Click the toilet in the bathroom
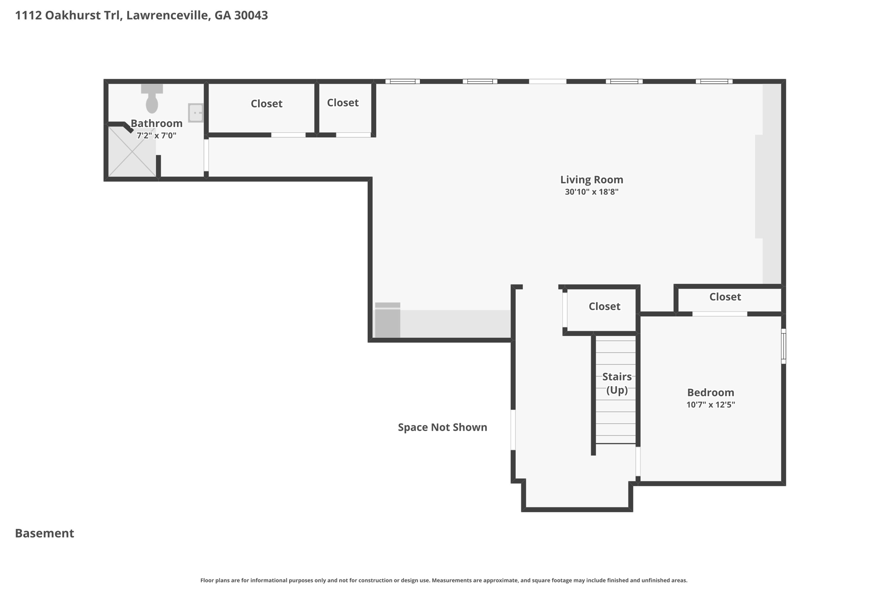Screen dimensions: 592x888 [152, 99]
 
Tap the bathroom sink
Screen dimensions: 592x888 [196, 113]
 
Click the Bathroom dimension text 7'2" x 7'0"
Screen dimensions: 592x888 [156, 136]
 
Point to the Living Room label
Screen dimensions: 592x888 [591, 180]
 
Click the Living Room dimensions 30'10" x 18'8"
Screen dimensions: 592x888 [591, 192]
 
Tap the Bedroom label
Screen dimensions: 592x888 [710, 392]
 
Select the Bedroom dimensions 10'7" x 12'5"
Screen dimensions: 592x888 [710, 405]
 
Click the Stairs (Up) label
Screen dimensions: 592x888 [617, 383]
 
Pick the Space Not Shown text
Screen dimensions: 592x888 [442, 427]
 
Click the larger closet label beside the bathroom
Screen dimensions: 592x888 [266, 104]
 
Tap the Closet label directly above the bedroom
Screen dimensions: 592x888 [725, 297]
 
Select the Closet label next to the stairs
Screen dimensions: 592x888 [604, 307]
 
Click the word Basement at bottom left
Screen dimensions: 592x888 [45, 533]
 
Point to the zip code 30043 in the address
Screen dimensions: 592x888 [251, 16]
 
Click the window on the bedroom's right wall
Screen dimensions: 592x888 [783, 346]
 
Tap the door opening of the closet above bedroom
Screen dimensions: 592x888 [719, 314]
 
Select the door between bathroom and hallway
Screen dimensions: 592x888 [206, 155]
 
